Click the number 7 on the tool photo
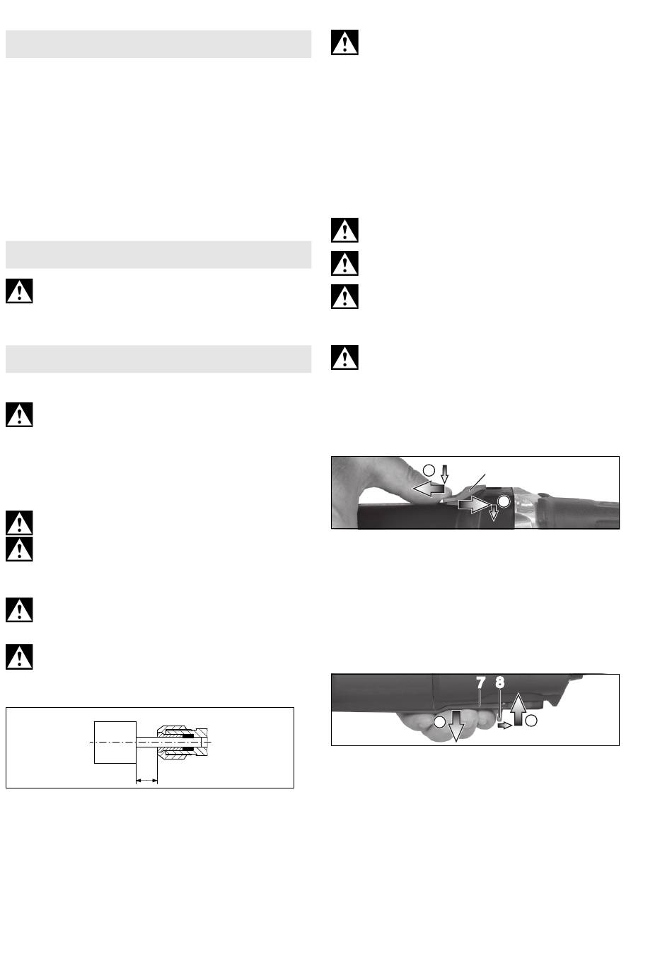click(x=480, y=683)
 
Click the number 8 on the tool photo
click(x=500, y=683)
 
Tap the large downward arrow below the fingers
click(x=455, y=724)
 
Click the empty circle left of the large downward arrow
click(x=440, y=721)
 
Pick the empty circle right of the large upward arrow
click(x=531, y=721)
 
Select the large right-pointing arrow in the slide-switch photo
click(x=471, y=504)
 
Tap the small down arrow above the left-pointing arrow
click(x=444, y=472)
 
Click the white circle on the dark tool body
click(x=503, y=501)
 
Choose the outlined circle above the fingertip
click(x=429, y=469)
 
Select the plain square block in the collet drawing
click(x=115, y=743)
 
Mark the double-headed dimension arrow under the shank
click(x=146, y=781)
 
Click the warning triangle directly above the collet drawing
click(x=19, y=656)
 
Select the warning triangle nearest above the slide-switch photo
click(x=344, y=357)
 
